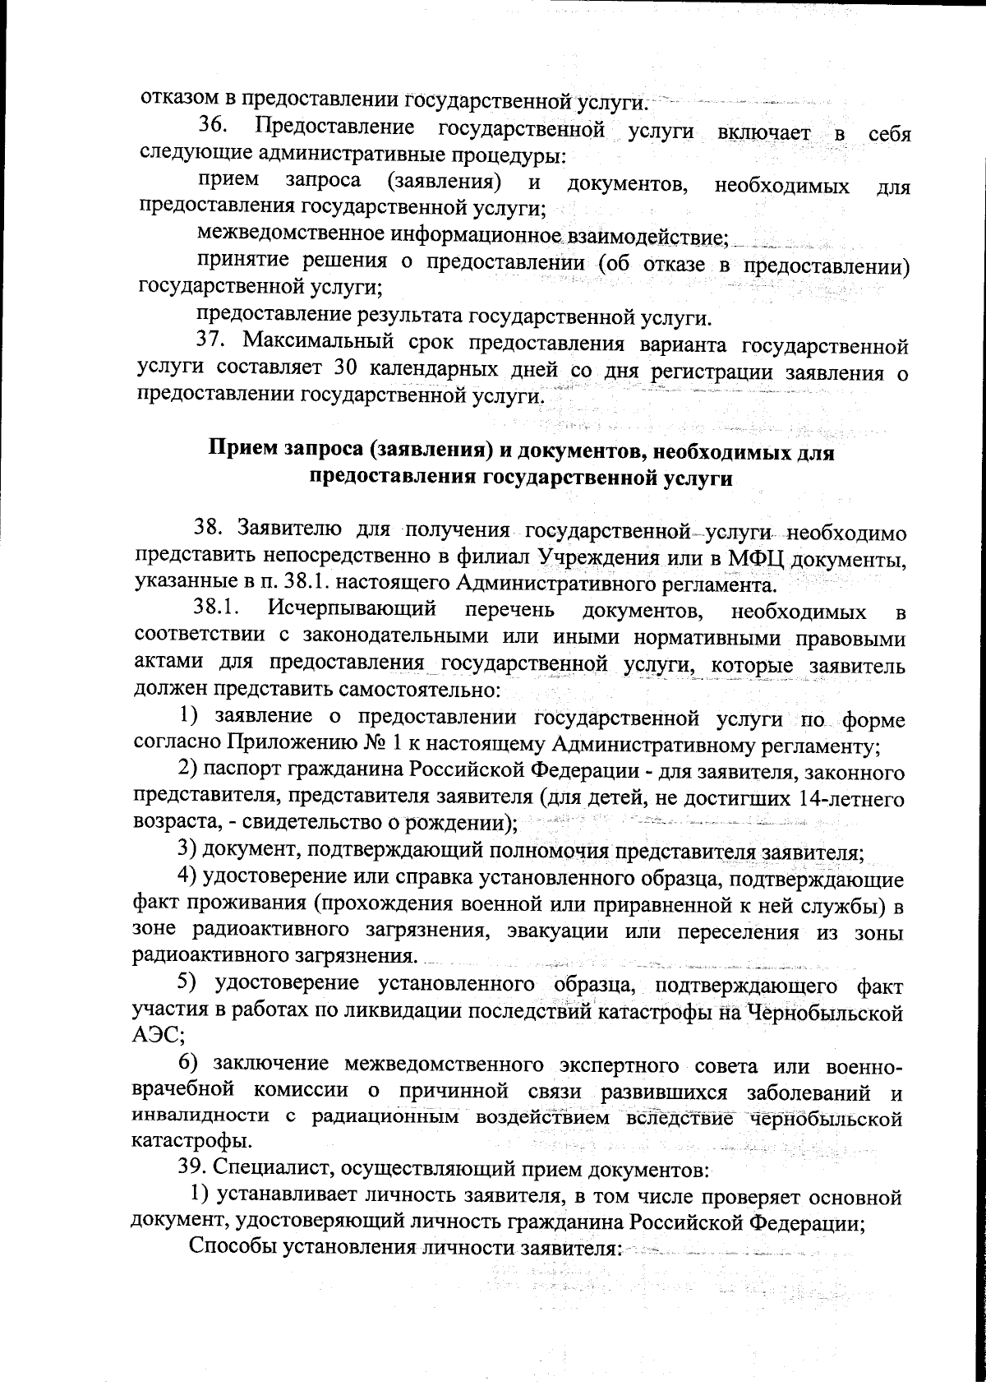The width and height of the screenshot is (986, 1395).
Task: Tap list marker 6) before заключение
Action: (191, 1064)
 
